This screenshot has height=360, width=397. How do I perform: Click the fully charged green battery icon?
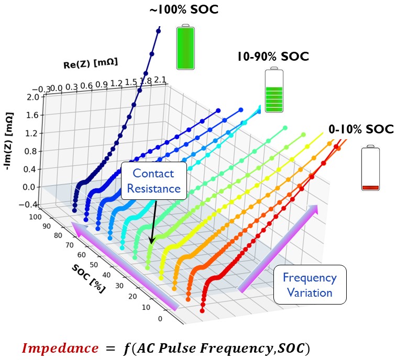coord(185,47)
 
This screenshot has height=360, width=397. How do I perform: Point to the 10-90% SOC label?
coord(273,57)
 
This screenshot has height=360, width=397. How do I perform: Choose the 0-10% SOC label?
coord(361,129)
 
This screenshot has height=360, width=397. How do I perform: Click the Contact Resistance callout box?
coord(154,181)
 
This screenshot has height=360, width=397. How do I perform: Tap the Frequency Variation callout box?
coord(310,284)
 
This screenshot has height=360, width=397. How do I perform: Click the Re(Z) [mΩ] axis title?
coord(90,64)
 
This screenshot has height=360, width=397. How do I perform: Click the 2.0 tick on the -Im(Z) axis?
coord(32,97)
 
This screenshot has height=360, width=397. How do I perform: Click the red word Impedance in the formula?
coord(60,347)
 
